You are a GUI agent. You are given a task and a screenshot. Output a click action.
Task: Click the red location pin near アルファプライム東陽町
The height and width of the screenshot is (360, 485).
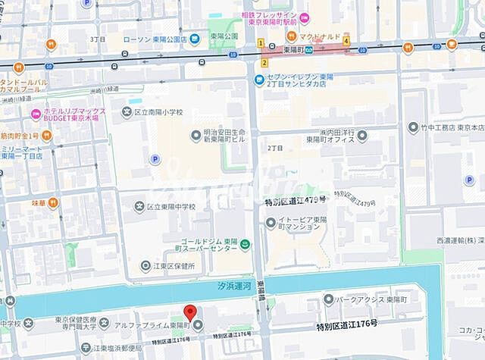point(190,311)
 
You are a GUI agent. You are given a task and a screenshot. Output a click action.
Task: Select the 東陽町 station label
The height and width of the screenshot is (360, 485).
point(293,49)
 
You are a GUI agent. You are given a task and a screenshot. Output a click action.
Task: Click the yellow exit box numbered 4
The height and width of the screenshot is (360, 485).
point(346,42)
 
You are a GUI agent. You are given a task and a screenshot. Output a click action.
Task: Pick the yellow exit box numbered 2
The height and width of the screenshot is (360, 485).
point(264,62)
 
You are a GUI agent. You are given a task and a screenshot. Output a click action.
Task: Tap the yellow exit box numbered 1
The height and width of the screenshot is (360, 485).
point(260,42)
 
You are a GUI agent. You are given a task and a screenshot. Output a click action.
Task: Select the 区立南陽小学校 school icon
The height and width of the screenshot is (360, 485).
point(127,113)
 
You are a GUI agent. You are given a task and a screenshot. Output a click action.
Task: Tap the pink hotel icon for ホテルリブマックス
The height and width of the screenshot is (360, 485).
point(34,114)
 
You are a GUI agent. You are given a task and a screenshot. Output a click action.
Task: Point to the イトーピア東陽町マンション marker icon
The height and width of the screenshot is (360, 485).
point(271,222)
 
